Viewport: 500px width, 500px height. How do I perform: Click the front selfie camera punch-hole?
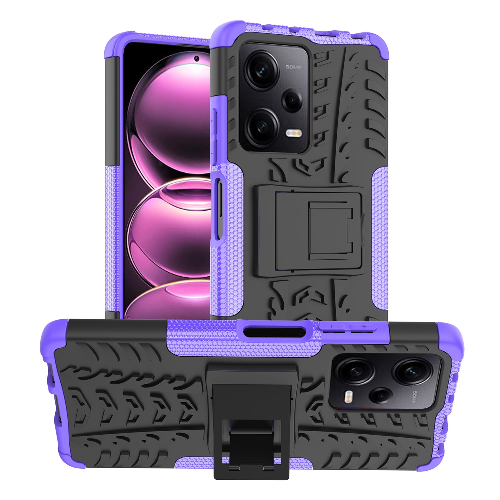click(197, 58)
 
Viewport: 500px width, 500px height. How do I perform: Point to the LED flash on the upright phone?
click(294, 134)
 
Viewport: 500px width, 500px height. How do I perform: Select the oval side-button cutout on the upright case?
click(218, 207)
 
